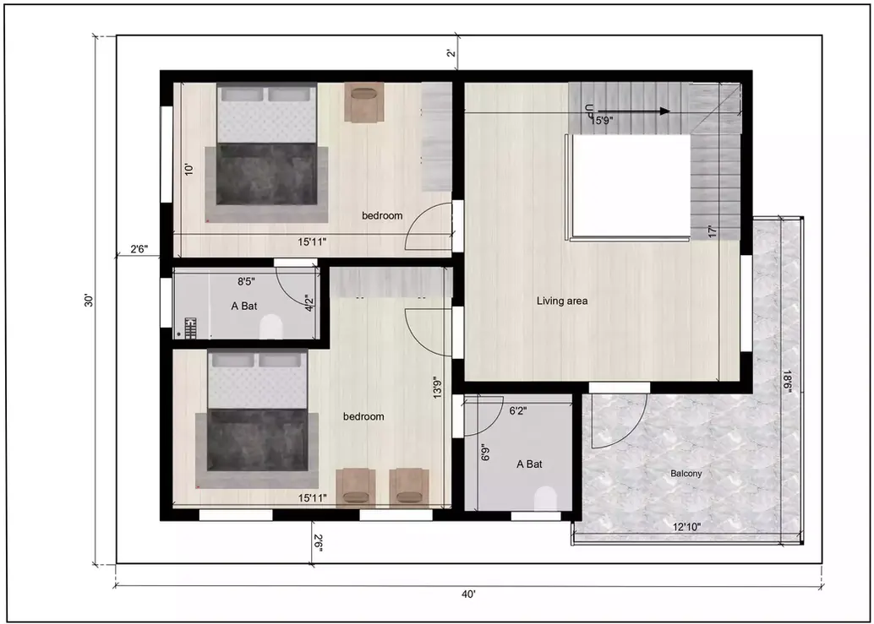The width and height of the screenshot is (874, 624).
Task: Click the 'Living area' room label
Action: pyautogui.click(x=562, y=301)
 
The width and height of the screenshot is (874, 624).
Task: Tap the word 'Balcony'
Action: pyautogui.click(x=686, y=474)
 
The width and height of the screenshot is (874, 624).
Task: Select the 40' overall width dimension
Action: pyautogui.click(x=468, y=594)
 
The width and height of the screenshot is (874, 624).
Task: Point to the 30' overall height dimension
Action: pyautogui.click(x=88, y=301)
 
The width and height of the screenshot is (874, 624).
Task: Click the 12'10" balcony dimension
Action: pyautogui.click(x=686, y=527)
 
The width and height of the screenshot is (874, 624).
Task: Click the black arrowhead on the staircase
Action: pyautogui.click(x=664, y=111)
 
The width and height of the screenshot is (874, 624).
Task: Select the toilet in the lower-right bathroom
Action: pyautogui.click(x=546, y=498)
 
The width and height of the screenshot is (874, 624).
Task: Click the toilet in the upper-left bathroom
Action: pyautogui.click(x=271, y=326)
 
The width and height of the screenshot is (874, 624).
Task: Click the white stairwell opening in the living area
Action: pyautogui.click(x=631, y=186)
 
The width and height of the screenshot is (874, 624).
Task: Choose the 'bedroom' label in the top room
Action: pyautogui.click(x=382, y=216)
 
